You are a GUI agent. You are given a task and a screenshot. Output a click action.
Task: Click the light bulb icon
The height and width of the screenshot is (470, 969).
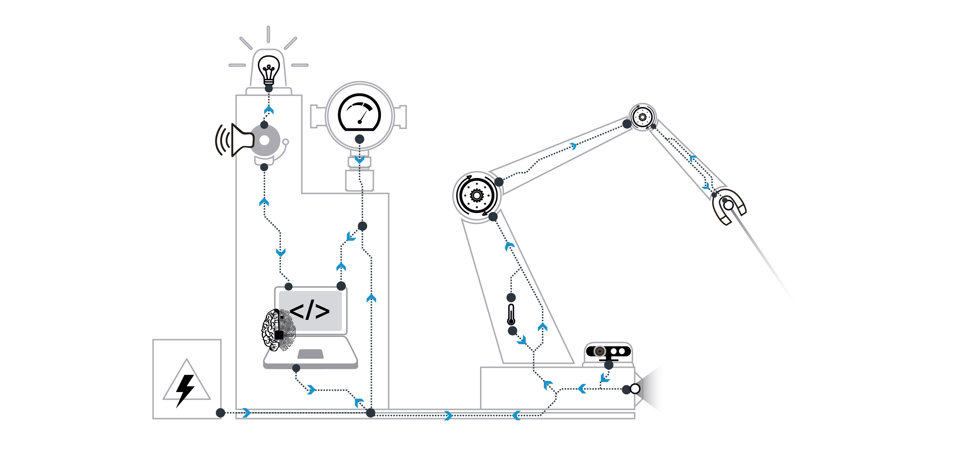pyautogui.click(x=269, y=70)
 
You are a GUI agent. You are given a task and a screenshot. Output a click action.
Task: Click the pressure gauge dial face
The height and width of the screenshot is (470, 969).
pyautogui.click(x=360, y=113)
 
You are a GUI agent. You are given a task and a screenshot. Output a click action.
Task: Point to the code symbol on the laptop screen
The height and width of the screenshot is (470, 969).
pyautogui.click(x=310, y=311)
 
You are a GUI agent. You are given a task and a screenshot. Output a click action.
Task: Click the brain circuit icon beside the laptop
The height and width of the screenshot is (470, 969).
pyautogui.click(x=278, y=331)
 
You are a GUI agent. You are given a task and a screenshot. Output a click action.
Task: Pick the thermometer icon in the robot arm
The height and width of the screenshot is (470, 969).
pyautogui.click(x=511, y=314)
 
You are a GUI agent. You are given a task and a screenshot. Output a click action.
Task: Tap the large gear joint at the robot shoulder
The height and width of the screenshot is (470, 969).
pyautogui.click(x=477, y=195)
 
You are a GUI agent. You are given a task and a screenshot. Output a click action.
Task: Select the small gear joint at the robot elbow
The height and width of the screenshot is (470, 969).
pyautogui.click(x=642, y=117)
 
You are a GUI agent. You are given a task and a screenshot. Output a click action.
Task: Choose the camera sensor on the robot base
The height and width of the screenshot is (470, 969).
pyautogui.click(x=608, y=352)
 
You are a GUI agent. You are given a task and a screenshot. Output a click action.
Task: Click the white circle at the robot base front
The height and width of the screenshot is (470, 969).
pyautogui.click(x=635, y=389)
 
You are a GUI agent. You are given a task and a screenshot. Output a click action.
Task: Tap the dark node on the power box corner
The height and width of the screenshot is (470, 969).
pyautogui.click(x=220, y=413)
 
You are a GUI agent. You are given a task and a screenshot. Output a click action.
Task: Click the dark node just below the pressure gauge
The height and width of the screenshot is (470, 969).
pyautogui.click(x=360, y=139)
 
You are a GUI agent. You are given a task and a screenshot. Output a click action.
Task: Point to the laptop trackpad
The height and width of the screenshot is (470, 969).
pyautogui.click(x=310, y=354)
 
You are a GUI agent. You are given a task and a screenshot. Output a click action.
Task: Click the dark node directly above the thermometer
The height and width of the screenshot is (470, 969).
pyautogui.click(x=511, y=298)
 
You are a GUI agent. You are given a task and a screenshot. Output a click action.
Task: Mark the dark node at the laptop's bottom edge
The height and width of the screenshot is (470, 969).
pyautogui.click(x=296, y=368)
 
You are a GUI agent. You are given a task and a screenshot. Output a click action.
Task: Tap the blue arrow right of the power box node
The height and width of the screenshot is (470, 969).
pyautogui.click(x=246, y=413)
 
